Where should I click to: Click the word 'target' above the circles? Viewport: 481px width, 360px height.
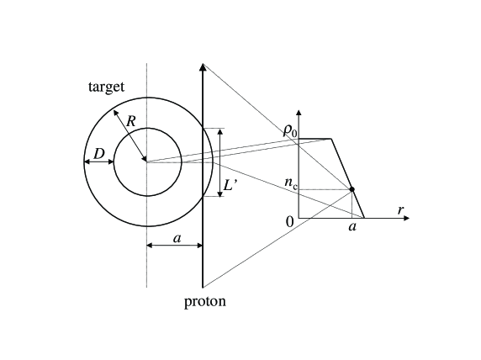point(106,87)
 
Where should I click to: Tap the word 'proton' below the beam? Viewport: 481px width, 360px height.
point(204,301)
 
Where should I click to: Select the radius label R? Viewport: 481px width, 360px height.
point(131,122)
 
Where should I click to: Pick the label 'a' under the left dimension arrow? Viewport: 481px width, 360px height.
point(177,238)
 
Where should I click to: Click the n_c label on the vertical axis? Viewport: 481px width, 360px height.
point(289,182)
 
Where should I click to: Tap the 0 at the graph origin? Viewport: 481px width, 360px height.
point(290,221)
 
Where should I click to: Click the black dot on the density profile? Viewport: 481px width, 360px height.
point(351,189)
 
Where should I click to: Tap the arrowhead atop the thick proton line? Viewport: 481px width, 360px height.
point(203,66)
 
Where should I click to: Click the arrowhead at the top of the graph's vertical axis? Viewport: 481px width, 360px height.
point(299,114)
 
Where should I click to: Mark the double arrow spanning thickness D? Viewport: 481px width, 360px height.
point(99,161)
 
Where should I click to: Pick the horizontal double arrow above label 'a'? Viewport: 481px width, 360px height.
point(175,246)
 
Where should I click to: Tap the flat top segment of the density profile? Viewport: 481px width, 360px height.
point(314,139)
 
